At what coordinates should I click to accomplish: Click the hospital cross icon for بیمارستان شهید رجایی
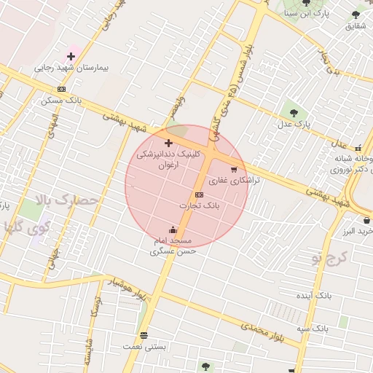[71, 56]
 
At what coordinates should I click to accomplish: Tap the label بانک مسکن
[61, 100]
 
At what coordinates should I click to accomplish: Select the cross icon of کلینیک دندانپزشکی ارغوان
[168, 143]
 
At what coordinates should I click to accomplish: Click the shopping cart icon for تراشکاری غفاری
[234, 169]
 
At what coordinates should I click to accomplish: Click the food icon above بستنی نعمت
[144, 336]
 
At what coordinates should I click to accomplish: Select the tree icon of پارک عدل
[294, 113]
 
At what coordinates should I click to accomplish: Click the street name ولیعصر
[178, 109]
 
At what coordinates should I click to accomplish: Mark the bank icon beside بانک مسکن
[61, 89]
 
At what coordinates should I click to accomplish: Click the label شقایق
[355, 26]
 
